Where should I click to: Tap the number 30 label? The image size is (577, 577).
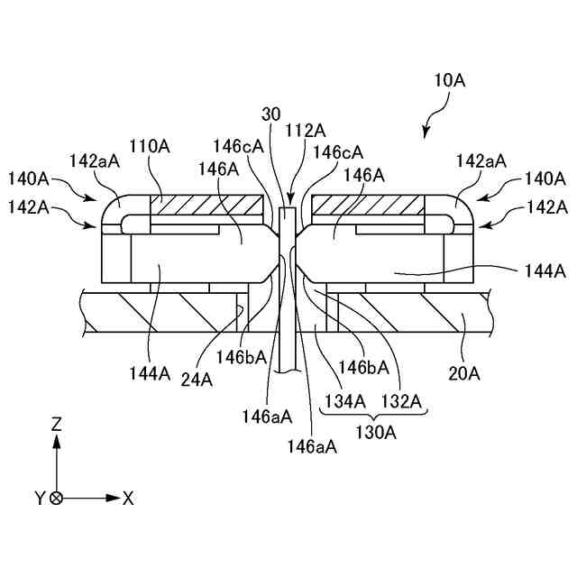271,114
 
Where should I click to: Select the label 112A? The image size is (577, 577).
305,131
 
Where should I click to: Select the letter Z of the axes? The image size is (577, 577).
57,422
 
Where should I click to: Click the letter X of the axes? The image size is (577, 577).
129,498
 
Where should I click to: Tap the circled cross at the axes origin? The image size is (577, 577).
57,498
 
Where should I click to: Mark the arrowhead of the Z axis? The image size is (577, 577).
57,441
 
